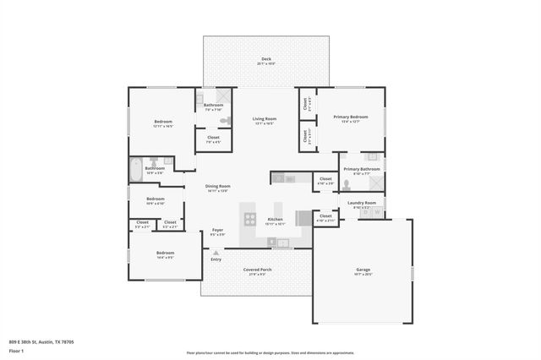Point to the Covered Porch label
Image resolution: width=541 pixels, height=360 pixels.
click(x=255, y=271)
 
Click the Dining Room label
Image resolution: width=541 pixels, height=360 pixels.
click(x=218, y=188)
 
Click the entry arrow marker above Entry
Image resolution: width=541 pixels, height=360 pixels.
click(x=216, y=252)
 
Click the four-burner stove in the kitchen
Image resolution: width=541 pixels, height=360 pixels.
click(x=250, y=219)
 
